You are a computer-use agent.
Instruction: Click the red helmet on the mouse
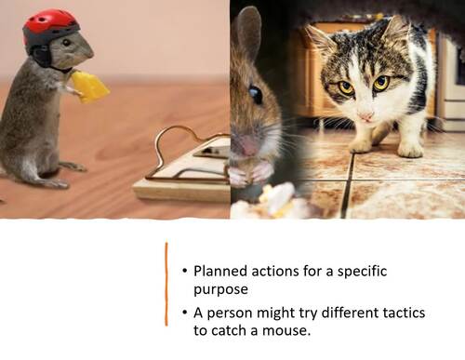[x=50, y=25]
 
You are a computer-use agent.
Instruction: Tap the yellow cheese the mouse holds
[x=89, y=87]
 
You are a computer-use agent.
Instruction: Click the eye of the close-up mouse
[x=256, y=94]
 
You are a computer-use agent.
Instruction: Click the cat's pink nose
[x=365, y=115]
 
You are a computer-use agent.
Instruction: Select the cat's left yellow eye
[x=346, y=87]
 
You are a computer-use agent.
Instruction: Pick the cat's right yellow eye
[x=381, y=83]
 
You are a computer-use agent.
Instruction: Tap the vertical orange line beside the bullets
[x=166, y=283]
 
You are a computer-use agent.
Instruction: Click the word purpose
[x=220, y=289]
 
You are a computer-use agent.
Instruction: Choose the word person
[x=231, y=313]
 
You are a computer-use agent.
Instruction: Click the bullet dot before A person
[x=182, y=313]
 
